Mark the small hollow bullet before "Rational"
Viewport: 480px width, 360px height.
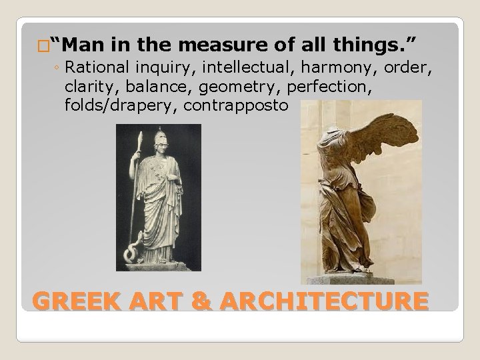61,69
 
